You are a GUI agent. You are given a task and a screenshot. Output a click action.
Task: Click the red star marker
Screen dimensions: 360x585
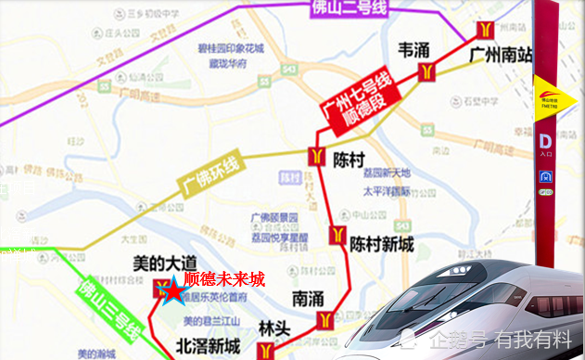[172, 290]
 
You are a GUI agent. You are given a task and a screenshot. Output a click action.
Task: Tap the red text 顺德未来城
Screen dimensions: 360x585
[223, 278]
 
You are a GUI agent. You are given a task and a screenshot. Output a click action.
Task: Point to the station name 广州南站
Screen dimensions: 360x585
[501, 55]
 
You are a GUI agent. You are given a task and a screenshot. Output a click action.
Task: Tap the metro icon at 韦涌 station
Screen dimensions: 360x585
[427, 71]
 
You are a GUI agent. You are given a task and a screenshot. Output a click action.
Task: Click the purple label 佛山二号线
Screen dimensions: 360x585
[344, 9]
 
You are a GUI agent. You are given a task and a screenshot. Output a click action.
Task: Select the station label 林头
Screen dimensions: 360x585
[274, 328]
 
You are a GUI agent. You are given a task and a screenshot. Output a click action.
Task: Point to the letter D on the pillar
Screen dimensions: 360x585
[546, 141]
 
